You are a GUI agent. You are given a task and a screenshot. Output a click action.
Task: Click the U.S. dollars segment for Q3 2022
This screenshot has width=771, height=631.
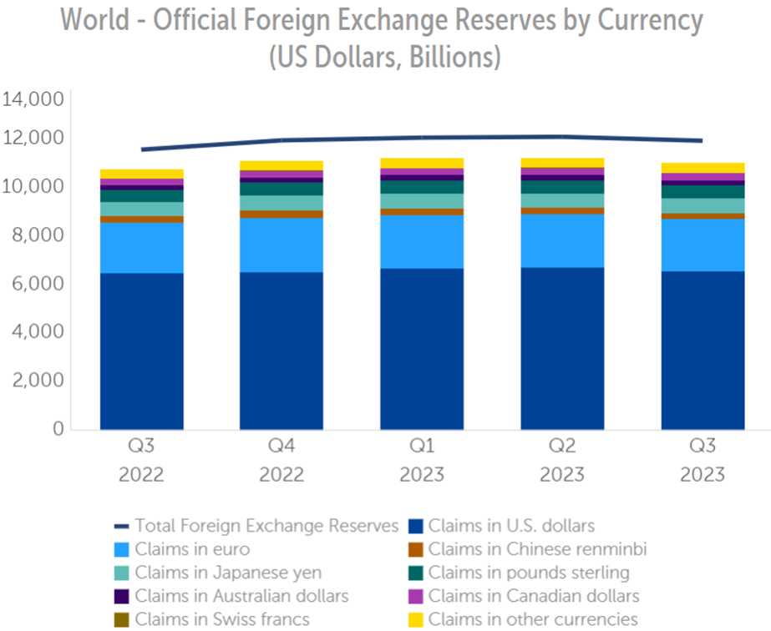pyautogui.click(x=141, y=351)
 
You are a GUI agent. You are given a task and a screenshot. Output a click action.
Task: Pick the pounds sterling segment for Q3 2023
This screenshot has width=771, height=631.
pyautogui.click(x=703, y=191)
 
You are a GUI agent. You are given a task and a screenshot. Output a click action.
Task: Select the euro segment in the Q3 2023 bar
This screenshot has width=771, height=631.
pyautogui.click(x=703, y=245)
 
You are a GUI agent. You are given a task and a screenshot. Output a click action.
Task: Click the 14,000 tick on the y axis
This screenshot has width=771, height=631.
pyautogui.click(x=34, y=100)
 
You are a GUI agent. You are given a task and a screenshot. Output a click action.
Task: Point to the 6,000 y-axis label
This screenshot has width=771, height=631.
pyautogui.click(x=34, y=284)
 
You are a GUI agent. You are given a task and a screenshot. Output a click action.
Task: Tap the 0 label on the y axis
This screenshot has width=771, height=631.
pyautogui.click(x=58, y=429)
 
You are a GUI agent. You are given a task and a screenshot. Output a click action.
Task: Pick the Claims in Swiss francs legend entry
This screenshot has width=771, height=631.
pyautogui.click(x=222, y=619)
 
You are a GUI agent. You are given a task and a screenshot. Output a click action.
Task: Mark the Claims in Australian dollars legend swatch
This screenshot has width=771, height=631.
pyautogui.click(x=120, y=596)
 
